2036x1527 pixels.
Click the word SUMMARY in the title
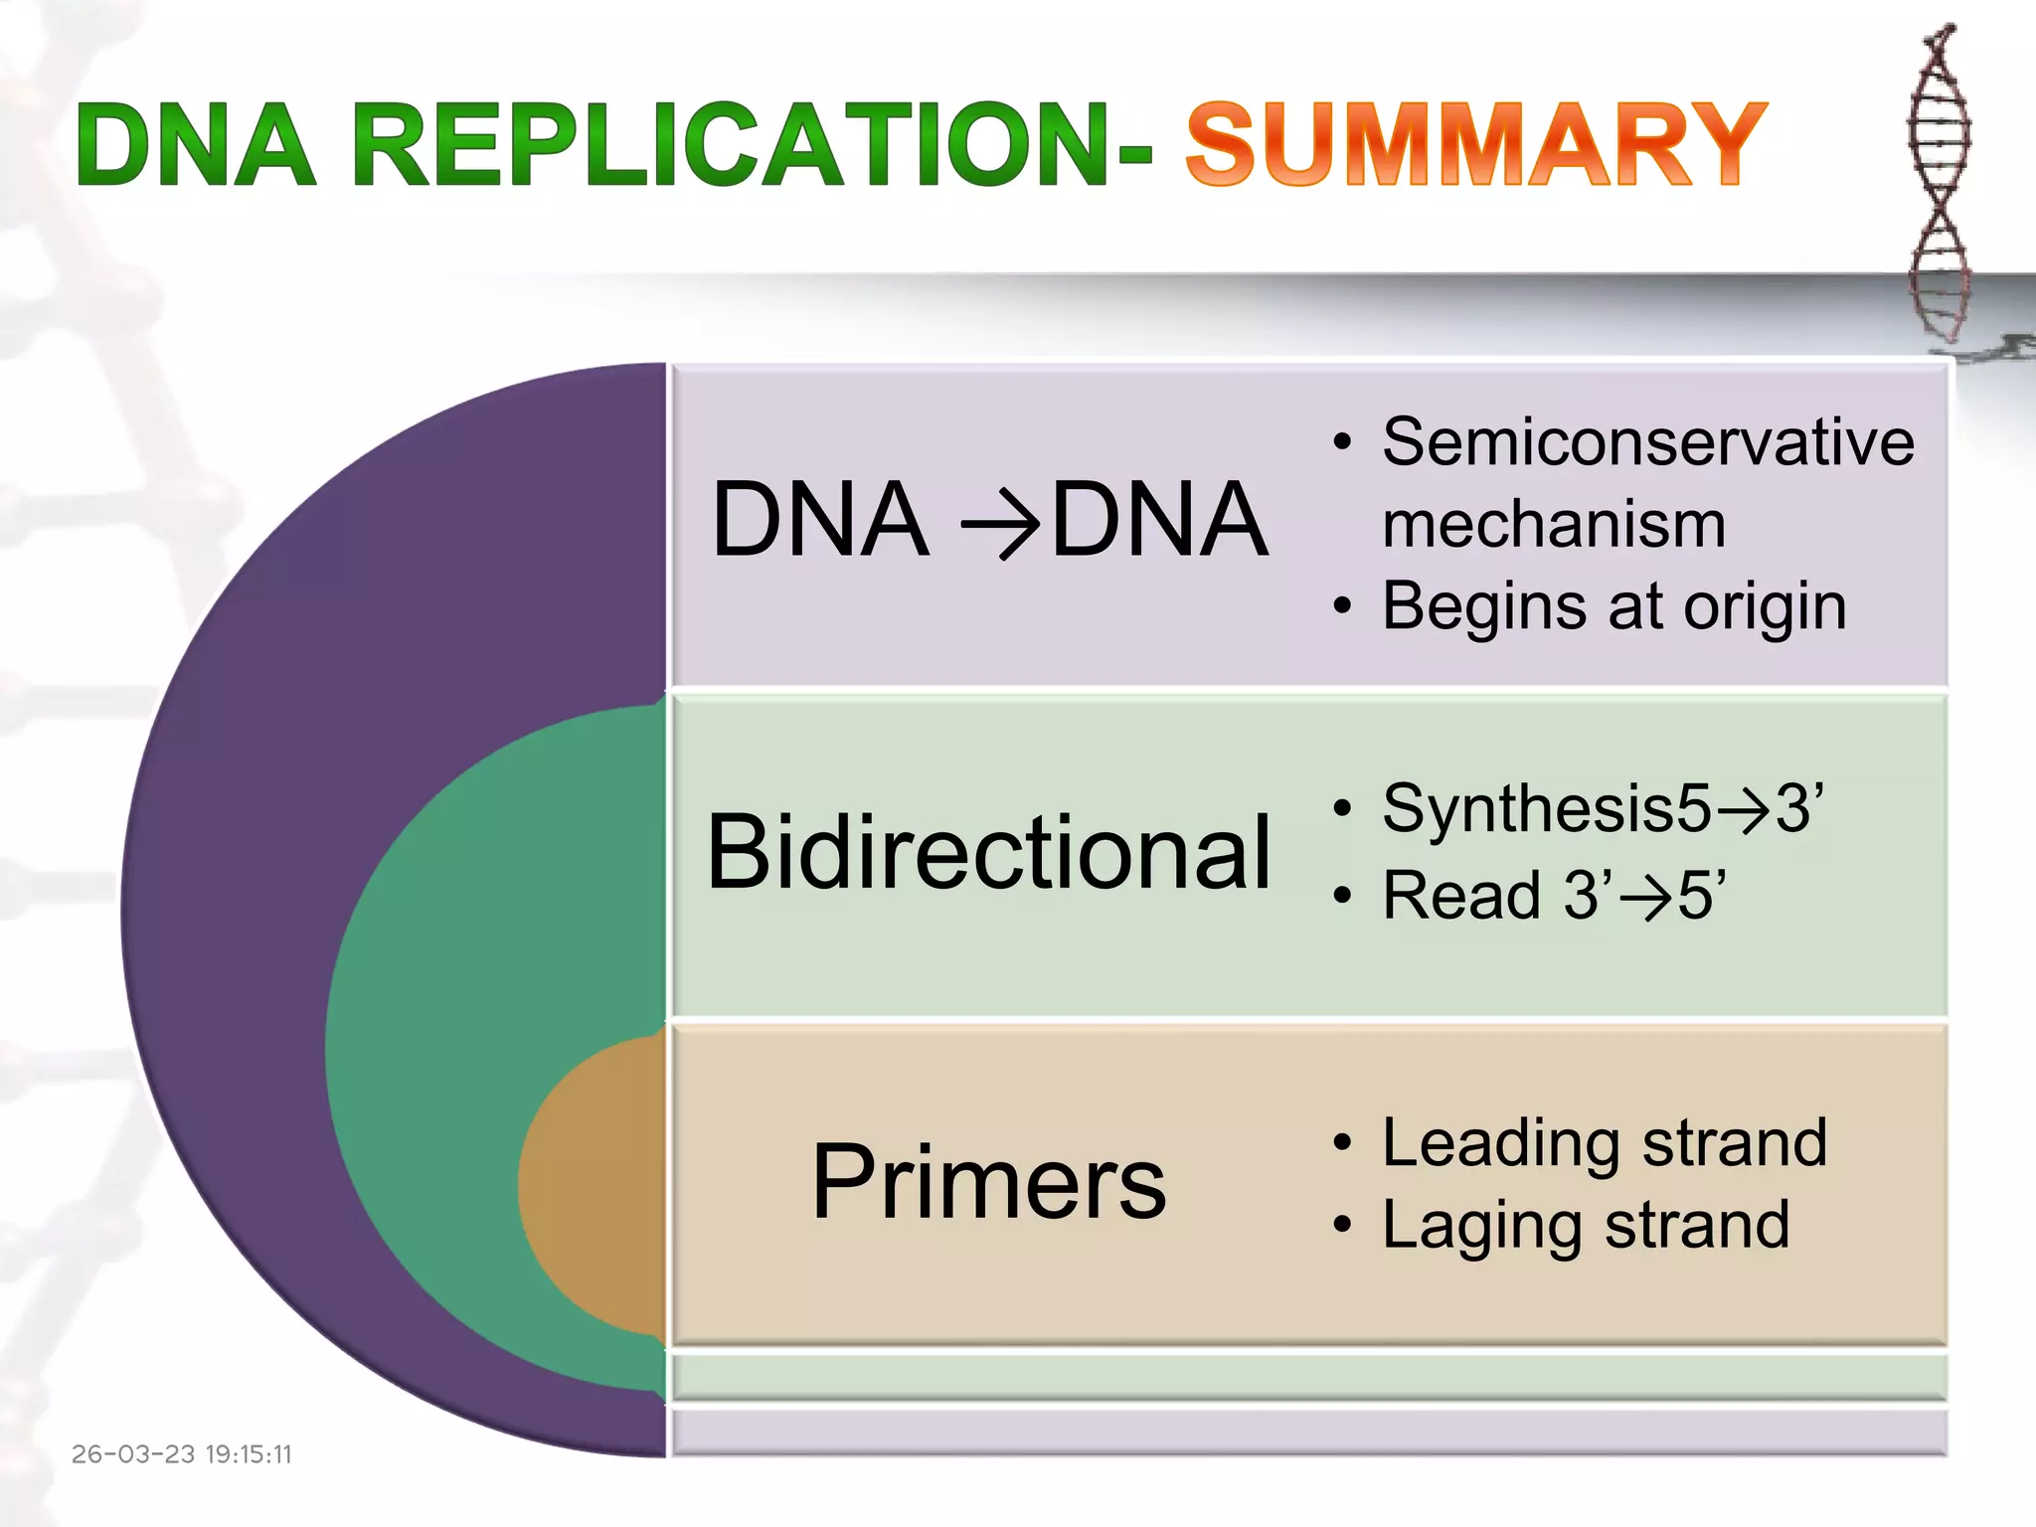pyautogui.click(x=1475, y=145)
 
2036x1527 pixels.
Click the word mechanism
pyautogui.click(x=1553, y=524)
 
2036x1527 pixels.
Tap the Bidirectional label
pyautogui.click(x=988, y=852)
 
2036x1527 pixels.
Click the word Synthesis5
pyautogui.click(x=1546, y=808)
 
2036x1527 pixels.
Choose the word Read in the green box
pyautogui.click(x=1461, y=895)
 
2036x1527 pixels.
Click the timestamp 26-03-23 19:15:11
pyautogui.click(x=182, y=1454)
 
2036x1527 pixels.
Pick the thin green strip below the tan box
pyautogui.click(x=1308, y=1376)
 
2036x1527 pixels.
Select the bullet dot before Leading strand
pyautogui.click(x=1343, y=1143)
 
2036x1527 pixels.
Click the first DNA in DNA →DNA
pyautogui.click(x=820, y=520)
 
